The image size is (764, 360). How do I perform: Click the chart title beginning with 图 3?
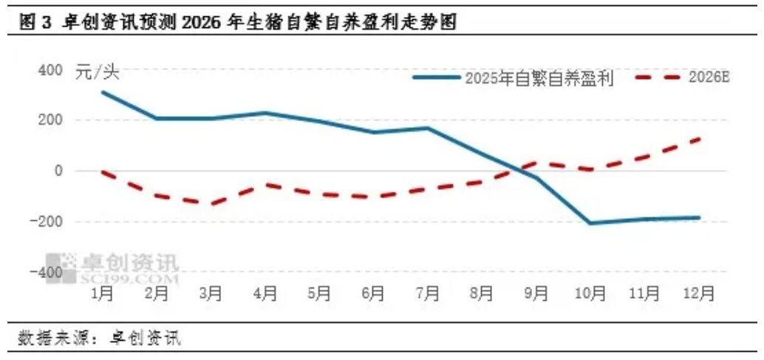tap(236, 23)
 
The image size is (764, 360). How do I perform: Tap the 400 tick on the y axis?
tap(51, 71)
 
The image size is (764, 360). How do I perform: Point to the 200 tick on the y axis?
tap(51, 120)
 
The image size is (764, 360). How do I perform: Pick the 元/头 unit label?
tap(97, 72)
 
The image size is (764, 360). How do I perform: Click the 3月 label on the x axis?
tap(210, 293)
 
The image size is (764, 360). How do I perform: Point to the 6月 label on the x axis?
tap(372, 293)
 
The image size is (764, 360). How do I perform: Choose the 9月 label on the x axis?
tap(535, 293)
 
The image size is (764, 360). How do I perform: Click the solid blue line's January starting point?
tap(102, 92)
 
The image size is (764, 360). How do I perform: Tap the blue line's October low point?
tap(590, 223)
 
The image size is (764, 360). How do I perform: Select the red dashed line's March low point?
tap(210, 204)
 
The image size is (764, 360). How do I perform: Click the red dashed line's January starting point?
tap(102, 171)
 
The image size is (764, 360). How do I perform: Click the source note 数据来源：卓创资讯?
tap(99, 339)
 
